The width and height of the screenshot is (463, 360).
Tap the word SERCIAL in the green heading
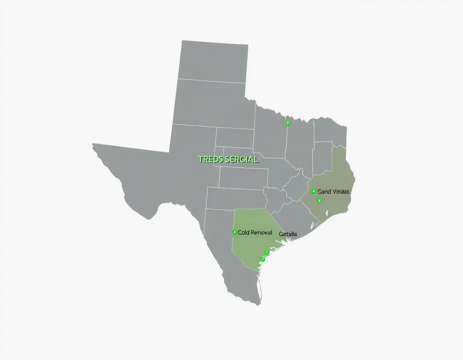(x=242, y=160)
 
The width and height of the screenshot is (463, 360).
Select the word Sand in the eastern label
(x=324, y=192)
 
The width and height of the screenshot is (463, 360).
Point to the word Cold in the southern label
(x=244, y=233)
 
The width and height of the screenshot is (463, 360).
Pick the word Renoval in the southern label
(x=262, y=233)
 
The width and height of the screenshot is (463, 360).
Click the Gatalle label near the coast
(x=288, y=234)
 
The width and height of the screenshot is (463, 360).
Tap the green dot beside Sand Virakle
(x=313, y=192)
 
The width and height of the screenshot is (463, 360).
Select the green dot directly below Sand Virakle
(x=320, y=200)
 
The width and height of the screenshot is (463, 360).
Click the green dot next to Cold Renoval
(x=235, y=232)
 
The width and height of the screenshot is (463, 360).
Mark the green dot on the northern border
(x=287, y=123)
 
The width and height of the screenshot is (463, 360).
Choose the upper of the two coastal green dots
(x=266, y=252)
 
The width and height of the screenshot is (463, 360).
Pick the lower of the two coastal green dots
(x=263, y=260)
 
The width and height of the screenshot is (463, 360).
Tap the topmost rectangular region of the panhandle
(x=213, y=60)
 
